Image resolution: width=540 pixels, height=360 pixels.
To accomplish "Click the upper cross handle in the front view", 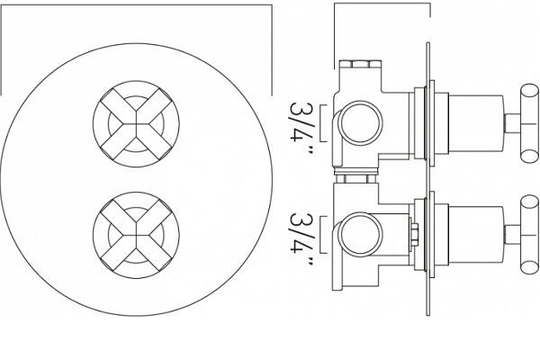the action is [x=136, y=124].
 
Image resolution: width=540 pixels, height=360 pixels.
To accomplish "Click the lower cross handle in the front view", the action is [x=136, y=235].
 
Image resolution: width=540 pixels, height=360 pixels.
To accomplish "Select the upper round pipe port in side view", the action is [x=361, y=123].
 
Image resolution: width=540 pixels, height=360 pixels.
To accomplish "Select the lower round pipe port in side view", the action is [x=361, y=234].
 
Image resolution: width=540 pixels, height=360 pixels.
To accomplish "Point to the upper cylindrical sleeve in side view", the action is [x=475, y=123].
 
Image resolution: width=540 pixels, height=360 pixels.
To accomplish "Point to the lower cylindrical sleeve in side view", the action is [x=475, y=235].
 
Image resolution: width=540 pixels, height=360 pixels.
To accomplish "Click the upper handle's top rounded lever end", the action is [x=530, y=93].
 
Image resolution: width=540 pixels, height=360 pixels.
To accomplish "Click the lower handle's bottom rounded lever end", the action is [x=530, y=265].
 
